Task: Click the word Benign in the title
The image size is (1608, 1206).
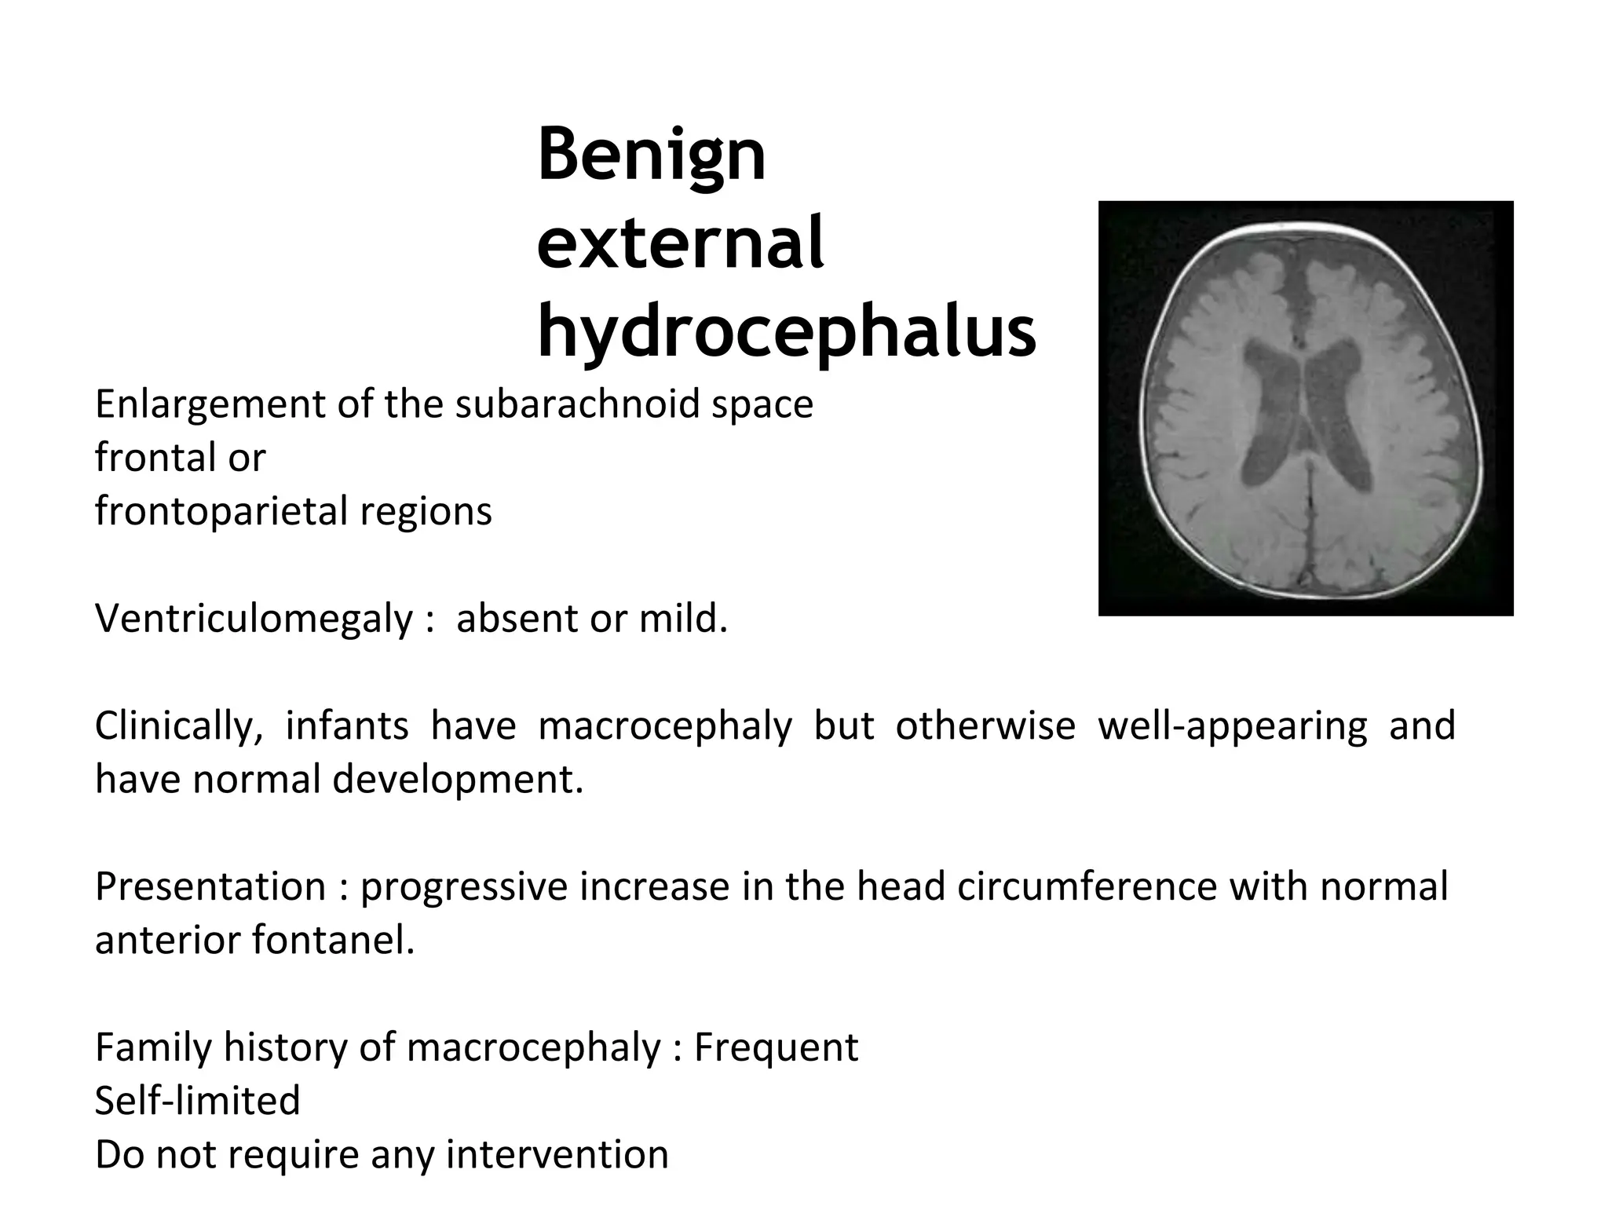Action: [651, 155]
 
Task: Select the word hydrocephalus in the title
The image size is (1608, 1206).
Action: [786, 332]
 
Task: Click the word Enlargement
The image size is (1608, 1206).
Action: [210, 405]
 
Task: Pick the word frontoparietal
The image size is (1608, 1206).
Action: [221, 512]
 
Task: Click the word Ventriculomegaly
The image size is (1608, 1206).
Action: [254, 619]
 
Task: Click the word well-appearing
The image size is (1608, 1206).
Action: [1232, 726]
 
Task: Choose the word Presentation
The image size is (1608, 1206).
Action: [210, 887]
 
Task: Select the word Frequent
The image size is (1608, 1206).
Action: [776, 1047]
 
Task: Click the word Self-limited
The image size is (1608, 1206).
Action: [198, 1101]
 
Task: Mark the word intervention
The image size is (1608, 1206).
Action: [557, 1155]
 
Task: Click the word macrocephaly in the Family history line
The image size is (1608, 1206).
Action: [534, 1047]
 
